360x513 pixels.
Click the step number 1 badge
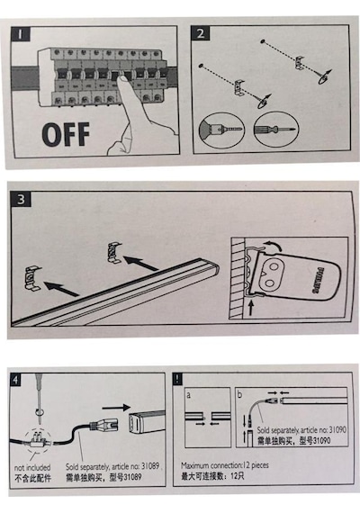tap(21, 33)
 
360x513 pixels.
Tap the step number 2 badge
tap(201, 33)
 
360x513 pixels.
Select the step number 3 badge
tap(21, 199)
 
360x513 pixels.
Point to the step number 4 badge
tap(15, 380)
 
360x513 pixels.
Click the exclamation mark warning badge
tap(177, 379)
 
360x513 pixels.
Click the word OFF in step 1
tap(66, 134)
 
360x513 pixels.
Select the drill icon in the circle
tap(222, 130)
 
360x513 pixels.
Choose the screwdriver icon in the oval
tap(276, 129)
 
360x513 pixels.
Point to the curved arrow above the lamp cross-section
tap(272, 245)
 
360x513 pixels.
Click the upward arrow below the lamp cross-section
tap(251, 308)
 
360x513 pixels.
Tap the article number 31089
tap(150, 466)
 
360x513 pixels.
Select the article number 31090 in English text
tap(337, 429)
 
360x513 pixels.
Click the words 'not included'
tap(32, 467)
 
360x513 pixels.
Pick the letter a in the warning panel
tap(188, 395)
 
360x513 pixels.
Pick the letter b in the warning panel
tap(240, 394)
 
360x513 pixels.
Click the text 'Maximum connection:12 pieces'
tap(225, 465)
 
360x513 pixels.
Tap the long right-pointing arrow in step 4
tap(116, 408)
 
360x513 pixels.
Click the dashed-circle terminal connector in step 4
tap(39, 439)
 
